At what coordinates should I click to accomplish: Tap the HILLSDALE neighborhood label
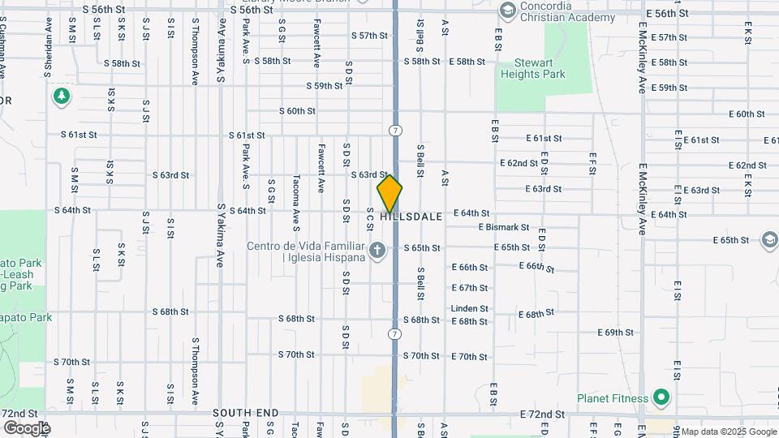(411, 217)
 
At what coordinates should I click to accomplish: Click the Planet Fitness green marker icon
(661, 398)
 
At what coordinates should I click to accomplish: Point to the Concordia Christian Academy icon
(508, 11)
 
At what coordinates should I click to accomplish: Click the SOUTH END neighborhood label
(246, 413)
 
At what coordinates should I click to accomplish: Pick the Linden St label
(470, 308)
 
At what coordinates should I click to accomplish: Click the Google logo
(26, 427)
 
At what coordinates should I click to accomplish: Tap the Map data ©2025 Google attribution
(728, 432)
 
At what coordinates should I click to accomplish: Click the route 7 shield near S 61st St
(394, 130)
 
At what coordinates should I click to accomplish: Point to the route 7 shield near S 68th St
(394, 334)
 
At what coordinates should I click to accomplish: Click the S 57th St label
(369, 36)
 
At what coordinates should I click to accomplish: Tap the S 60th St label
(297, 111)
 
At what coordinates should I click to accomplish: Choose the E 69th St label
(615, 333)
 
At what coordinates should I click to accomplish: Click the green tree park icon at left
(61, 97)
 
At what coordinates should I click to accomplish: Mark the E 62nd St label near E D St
(519, 163)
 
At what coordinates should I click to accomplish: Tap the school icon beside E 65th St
(769, 240)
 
